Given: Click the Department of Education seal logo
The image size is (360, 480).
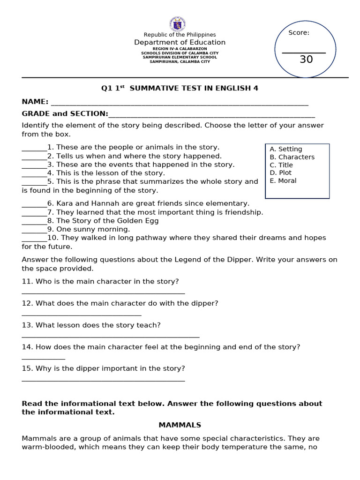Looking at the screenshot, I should coord(177,24).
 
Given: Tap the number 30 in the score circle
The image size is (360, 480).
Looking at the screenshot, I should coord(306,60).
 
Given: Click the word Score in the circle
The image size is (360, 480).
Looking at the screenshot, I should coord(299,33).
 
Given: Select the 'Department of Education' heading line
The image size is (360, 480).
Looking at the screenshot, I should coord(180,43).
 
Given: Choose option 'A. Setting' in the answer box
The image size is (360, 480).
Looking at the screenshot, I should coord(286,149).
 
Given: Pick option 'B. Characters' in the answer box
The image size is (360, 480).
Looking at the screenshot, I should coord(292,157).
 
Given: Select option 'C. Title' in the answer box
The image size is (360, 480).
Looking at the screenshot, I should coord(281,165).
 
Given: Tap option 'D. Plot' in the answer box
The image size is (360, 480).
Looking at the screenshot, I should coord(281,173).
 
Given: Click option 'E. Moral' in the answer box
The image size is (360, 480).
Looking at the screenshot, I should coord(283,181).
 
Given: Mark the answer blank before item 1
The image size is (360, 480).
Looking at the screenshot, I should coord(34,150).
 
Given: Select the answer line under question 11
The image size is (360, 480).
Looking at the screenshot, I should coord(103,293).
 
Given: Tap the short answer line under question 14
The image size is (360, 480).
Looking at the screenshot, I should coord(43,359).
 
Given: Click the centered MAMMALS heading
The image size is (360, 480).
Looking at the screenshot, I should coord(180,425).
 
